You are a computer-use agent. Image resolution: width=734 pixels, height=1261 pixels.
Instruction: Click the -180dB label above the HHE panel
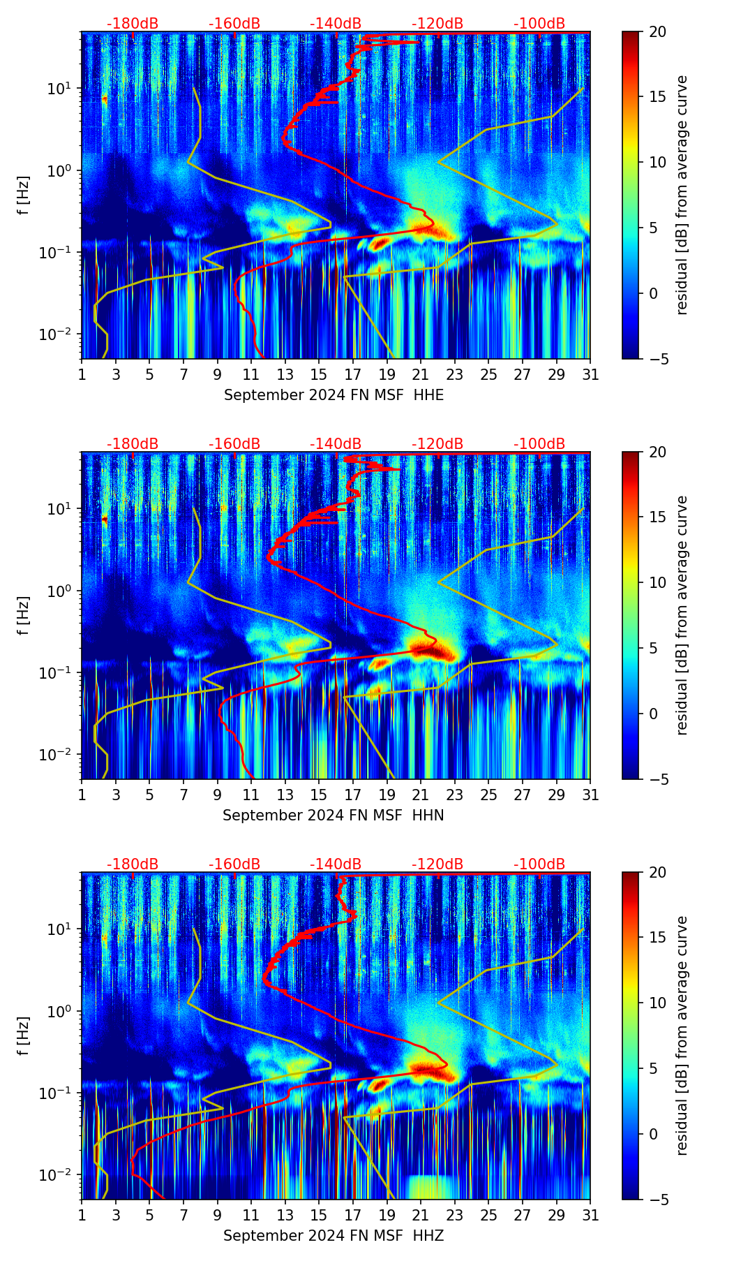click(x=133, y=24)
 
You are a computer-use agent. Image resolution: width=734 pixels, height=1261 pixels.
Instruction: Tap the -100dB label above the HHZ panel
click(x=539, y=864)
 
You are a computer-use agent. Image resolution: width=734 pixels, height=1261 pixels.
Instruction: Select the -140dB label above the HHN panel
click(x=336, y=444)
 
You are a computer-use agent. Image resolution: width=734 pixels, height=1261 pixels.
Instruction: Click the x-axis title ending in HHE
click(x=334, y=395)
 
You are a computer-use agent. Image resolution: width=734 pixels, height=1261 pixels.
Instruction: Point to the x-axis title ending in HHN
click(x=334, y=816)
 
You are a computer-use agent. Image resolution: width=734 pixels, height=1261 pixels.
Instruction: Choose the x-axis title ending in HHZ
click(x=334, y=1236)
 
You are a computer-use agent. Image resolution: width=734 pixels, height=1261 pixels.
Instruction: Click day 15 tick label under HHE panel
click(x=319, y=375)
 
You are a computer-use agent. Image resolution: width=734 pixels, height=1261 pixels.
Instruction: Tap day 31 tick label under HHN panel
click(x=590, y=795)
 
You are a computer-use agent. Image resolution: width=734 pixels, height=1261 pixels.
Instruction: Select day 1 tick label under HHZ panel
click(x=82, y=1216)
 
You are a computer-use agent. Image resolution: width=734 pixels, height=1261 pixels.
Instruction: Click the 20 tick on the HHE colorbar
click(x=657, y=31)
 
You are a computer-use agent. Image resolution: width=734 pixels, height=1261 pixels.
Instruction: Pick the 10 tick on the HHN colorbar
click(x=657, y=582)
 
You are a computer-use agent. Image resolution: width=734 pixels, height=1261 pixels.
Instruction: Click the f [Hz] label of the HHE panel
click(x=24, y=196)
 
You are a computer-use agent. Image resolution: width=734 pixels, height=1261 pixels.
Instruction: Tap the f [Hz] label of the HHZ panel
click(x=24, y=1036)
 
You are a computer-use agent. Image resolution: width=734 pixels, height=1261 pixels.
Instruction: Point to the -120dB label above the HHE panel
click(x=437, y=24)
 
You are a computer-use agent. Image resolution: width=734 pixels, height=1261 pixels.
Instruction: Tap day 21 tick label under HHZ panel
click(x=421, y=1216)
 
